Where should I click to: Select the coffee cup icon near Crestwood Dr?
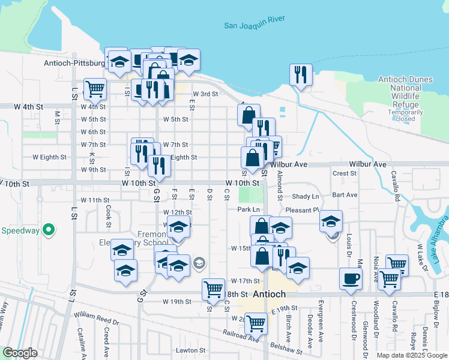pyautogui.click(x=351, y=278)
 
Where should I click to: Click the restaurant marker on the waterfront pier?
pyautogui.click(x=300, y=74)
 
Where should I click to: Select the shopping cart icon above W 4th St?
pyautogui.click(x=95, y=89)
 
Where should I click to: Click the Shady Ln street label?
pyautogui.click(x=304, y=196)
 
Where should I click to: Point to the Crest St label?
pyautogui.click(x=345, y=173)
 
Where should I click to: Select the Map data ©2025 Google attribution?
pyautogui.click(x=411, y=355)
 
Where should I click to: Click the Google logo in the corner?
pyautogui.click(x=20, y=353)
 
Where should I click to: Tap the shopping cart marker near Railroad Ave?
pyautogui.click(x=256, y=323)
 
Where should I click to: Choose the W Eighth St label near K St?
pyautogui.click(x=49, y=157)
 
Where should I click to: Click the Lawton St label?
pyautogui.click(x=191, y=350)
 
